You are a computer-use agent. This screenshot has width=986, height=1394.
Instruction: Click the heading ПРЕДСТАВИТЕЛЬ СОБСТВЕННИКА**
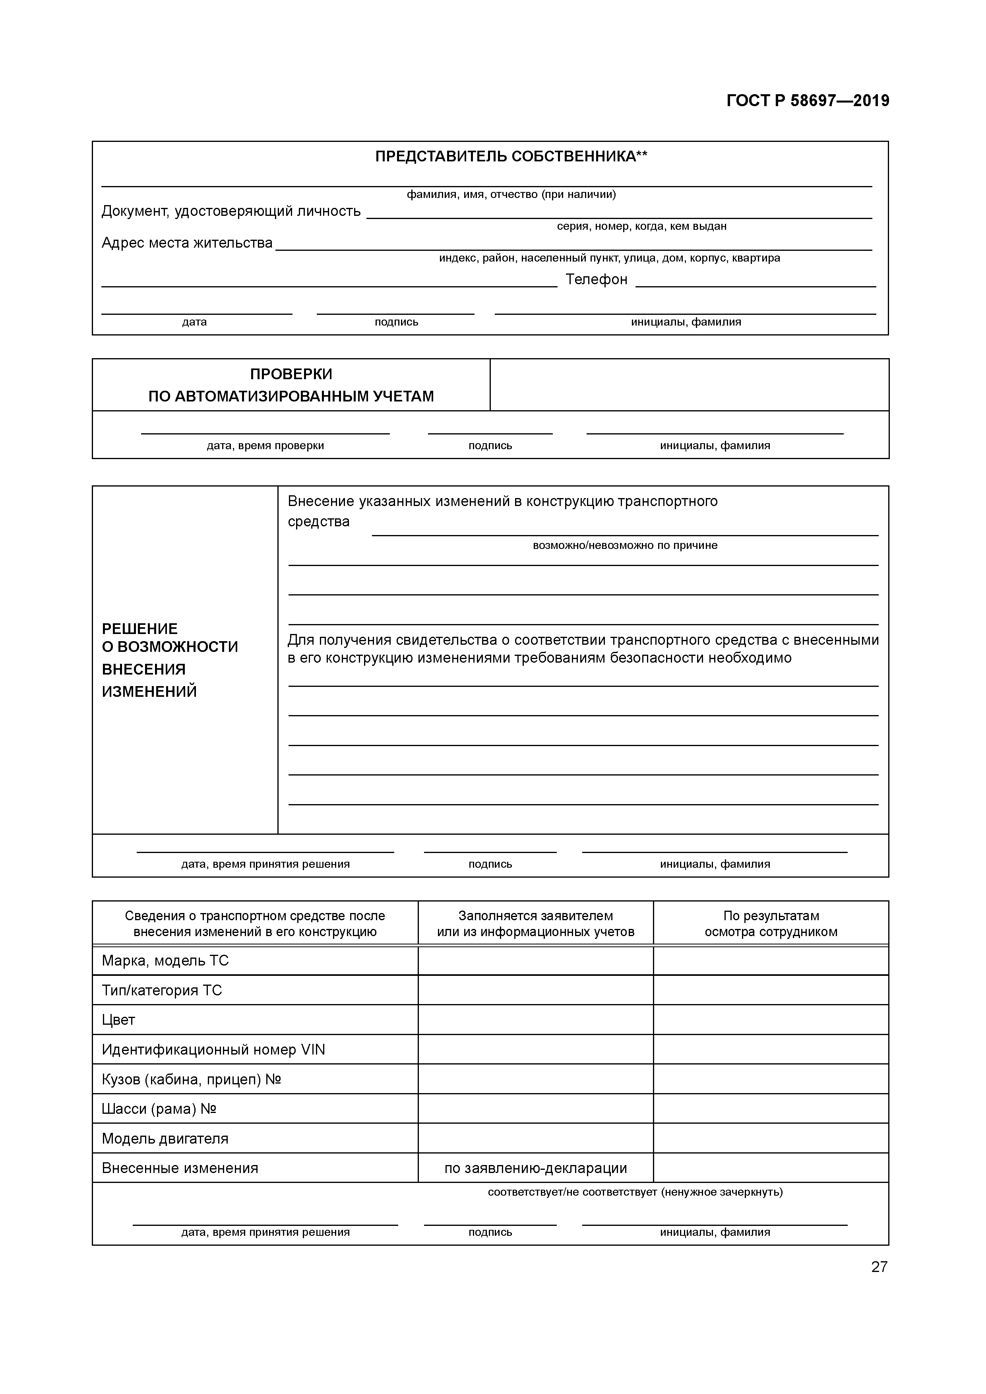[511, 157]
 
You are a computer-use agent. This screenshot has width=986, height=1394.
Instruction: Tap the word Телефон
[596, 279]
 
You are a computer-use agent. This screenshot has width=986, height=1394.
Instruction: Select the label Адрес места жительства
[187, 243]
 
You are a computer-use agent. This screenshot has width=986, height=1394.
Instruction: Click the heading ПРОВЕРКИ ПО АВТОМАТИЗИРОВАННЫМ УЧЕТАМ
[291, 385]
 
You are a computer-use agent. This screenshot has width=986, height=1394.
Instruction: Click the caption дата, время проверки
[265, 446]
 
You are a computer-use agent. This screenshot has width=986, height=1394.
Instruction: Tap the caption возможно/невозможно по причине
[625, 545]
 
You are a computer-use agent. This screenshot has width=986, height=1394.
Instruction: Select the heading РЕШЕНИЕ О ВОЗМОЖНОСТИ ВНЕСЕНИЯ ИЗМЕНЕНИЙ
[170, 660]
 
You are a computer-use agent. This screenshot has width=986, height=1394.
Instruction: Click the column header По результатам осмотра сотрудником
[771, 923]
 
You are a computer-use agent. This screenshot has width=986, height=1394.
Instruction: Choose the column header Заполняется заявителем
[535, 923]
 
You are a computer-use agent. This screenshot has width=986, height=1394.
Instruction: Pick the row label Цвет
[118, 1020]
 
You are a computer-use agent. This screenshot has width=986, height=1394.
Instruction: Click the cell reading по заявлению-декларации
[535, 1168]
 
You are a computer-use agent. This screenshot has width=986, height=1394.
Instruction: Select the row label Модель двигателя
[165, 1138]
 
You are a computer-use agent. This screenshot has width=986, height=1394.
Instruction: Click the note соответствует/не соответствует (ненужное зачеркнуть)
[635, 1192]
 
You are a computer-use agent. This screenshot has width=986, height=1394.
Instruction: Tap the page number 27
[879, 1266]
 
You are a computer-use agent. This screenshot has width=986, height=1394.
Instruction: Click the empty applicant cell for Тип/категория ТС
[535, 990]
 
